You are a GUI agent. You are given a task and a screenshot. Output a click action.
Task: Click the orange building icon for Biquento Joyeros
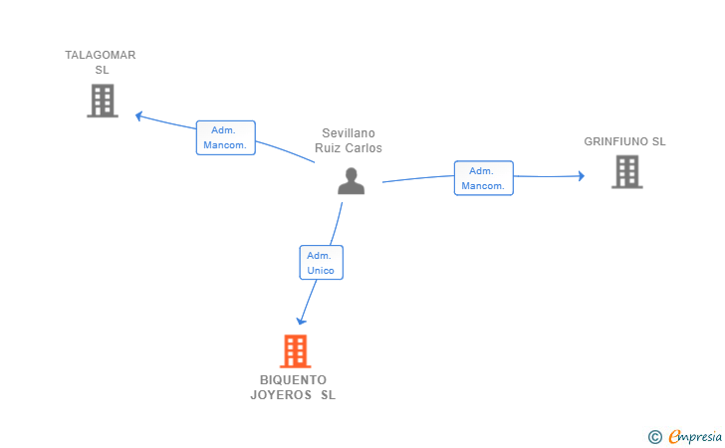click(295, 351)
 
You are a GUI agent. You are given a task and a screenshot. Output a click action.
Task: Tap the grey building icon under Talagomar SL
click(103, 101)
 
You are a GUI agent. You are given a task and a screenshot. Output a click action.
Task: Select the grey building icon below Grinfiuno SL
click(626, 172)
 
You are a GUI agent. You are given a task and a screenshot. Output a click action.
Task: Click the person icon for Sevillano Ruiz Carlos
click(351, 180)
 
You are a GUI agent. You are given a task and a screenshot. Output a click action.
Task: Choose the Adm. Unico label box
click(321, 263)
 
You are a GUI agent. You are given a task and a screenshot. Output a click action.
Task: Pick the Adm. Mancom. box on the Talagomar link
click(226, 137)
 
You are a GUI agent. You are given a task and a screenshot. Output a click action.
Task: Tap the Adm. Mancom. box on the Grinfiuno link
click(484, 178)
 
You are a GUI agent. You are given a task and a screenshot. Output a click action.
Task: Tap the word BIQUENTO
click(293, 380)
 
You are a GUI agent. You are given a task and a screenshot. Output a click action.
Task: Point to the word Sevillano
click(349, 133)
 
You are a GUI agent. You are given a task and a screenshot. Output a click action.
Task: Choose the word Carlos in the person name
click(363, 148)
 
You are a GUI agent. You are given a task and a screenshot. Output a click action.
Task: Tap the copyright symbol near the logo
click(654, 436)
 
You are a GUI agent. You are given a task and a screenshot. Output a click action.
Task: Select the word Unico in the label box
click(322, 271)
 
